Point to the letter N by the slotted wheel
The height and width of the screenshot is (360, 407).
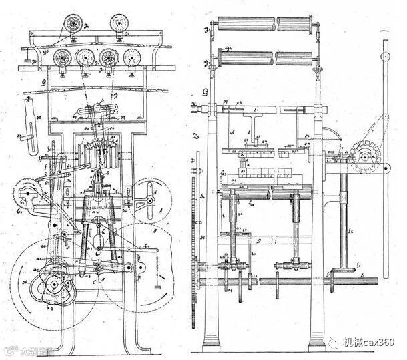pyautogui.click(x=155, y=190)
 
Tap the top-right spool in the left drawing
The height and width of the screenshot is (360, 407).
pyautogui.click(x=121, y=23)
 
